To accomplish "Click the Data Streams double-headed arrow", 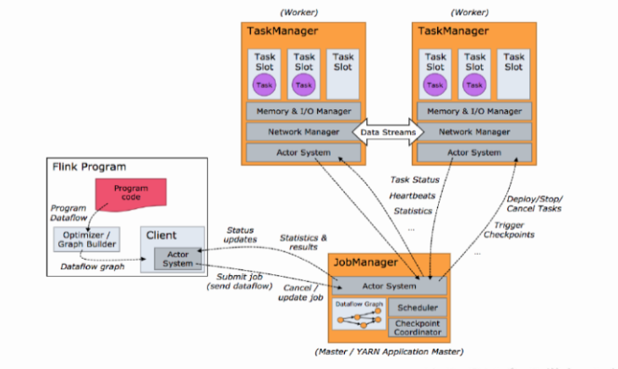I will tap(389, 133).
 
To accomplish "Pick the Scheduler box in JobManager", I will tap(416, 308).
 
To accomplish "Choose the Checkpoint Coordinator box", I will tap(416, 328).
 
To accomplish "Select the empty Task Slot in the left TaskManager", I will tap(342, 74).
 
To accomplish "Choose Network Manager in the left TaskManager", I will tap(304, 132).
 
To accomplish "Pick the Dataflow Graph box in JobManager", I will tap(358, 318).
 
